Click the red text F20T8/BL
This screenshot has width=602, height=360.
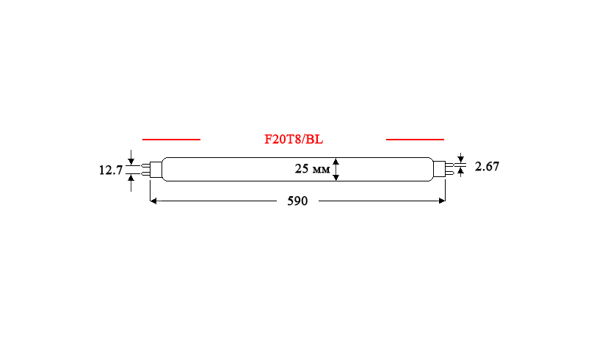(x=294, y=139)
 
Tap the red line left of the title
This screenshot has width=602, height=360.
(x=171, y=140)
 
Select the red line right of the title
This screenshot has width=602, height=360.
(x=415, y=140)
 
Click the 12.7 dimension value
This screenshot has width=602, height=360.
(x=111, y=170)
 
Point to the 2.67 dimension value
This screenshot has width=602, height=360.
(x=487, y=166)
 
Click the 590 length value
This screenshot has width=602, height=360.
(x=297, y=201)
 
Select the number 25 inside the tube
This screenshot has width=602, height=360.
(x=302, y=169)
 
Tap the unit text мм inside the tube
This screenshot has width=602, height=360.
(x=321, y=170)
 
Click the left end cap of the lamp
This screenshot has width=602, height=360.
(x=156, y=170)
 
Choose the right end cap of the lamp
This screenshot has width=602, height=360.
(x=439, y=170)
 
